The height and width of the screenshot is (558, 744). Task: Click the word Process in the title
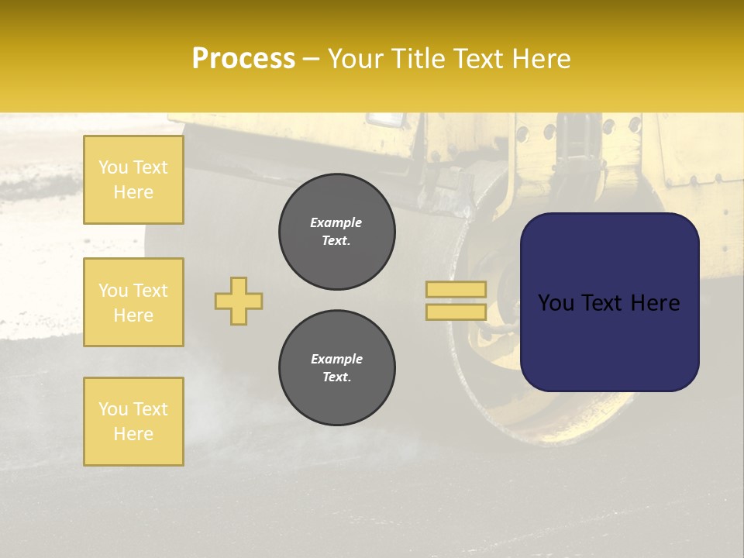coord(243,59)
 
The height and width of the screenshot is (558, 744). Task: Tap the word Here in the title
coord(539,59)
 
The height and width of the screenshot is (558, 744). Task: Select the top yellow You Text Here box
coord(133,180)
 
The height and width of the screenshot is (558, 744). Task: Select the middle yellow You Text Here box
coord(133,302)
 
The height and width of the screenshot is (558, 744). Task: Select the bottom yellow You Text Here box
coord(133,421)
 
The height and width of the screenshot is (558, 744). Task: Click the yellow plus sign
coord(239,301)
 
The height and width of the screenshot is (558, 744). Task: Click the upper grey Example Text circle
coord(336,232)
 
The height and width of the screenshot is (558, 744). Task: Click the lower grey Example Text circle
coord(336,368)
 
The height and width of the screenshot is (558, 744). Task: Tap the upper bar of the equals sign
coord(456,289)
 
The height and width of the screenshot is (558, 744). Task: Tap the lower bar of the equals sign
coord(456,312)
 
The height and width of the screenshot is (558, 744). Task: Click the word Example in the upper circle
coord(336,222)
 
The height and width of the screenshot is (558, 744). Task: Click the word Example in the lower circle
coord(336,359)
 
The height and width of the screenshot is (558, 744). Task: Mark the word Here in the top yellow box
coord(133,192)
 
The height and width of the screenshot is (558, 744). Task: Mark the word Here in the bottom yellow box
coord(133,434)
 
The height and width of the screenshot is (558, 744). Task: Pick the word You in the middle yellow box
coord(113,291)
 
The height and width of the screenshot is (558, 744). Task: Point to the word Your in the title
coord(359,59)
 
